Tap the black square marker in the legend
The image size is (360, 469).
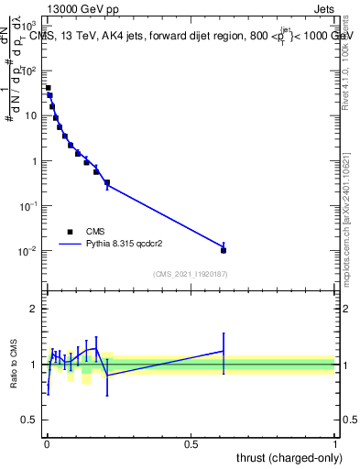click(70, 232)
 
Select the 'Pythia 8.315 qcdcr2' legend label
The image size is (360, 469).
click(128, 245)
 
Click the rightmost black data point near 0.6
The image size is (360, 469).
click(224, 250)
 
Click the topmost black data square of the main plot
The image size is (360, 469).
click(48, 88)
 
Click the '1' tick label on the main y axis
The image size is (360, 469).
click(36, 161)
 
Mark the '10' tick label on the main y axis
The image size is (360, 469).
click(32, 116)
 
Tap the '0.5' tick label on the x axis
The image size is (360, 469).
click(191, 443)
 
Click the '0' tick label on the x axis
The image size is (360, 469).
click(47, 443)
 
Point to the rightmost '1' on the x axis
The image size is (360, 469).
click(335, 443)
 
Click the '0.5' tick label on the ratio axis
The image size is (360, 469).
click(31, 421)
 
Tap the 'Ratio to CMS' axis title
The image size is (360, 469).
click(14, 365)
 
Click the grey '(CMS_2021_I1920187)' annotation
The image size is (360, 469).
click(191, 274)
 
